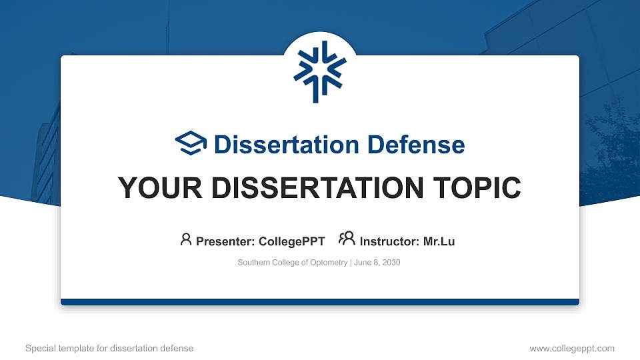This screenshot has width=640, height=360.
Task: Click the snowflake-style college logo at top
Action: pyautogui.click(x=320, y=71)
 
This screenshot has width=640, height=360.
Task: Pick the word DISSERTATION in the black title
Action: pyautogui.click(x=313, y=188)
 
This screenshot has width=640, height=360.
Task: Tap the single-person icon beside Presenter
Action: pyautogui.click(x=186, y=239)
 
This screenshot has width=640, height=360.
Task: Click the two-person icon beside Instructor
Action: pyautogui.click(x=347, y=239)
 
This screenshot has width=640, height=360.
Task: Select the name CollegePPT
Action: pyautogui.click(x=292, y=241)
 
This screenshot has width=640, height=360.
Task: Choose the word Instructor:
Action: pyautogui.click(x=389, y=241)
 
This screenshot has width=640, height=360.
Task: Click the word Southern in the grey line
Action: pyautogui.click(x=253, y=263)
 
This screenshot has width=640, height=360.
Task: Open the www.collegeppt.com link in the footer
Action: pyautogui.click(x=571, y=348)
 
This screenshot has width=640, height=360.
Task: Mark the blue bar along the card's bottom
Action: pyautogui.click(x=320, y=302)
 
